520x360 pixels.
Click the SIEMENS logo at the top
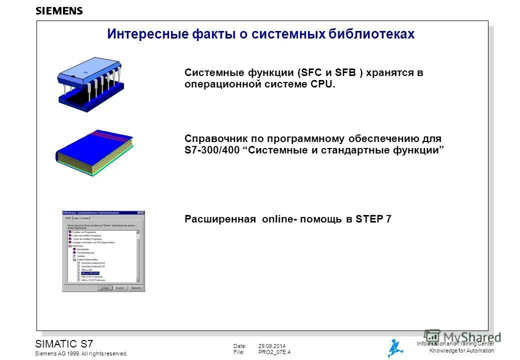pos(59,11)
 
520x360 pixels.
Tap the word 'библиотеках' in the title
pos(372,34)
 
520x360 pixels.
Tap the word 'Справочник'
pos(216,138)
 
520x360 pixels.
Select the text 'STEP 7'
pos(373,219)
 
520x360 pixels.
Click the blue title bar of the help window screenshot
pos(100,213)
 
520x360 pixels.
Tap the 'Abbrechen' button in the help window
pos(136,288)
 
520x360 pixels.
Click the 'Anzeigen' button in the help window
pos(104,288)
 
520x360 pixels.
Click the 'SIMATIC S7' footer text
pos(64,343)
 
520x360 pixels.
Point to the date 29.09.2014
pos(272,346)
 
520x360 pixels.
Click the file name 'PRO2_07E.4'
pos(274,352)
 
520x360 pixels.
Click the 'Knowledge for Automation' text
pos(461,350)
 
